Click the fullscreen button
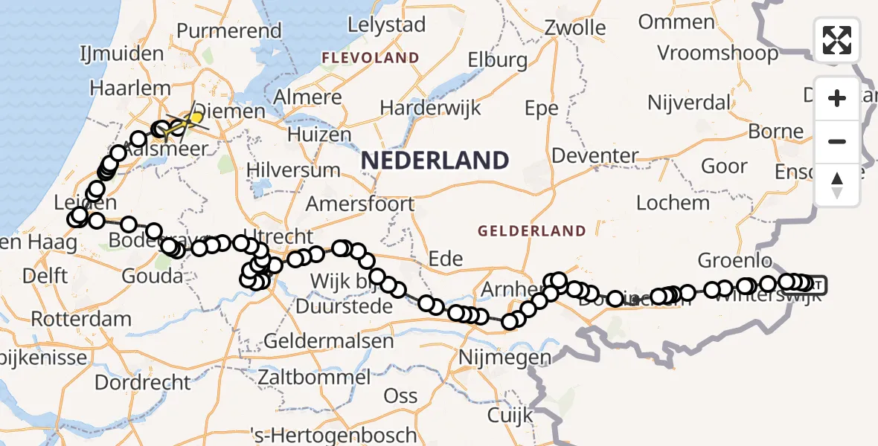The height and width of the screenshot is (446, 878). [x=837, y=40]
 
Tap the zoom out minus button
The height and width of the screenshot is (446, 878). [x=837, y=141]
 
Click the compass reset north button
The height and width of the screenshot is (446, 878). [x=837, y=185]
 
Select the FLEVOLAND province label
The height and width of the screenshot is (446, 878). [x=370, y=57]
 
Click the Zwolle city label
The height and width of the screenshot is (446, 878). [x=574, y=28]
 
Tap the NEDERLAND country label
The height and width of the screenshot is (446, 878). [x=435, y=161]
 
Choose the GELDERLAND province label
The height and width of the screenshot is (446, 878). [x=531, y=231]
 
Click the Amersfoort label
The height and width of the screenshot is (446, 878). [x=360, y=203]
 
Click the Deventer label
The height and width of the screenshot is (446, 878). [x=595, y=156]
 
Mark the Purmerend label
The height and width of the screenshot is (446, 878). [x=229, y=30]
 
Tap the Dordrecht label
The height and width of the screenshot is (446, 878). [x=144, y=382]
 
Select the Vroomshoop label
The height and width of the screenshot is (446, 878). [x=717, y=53]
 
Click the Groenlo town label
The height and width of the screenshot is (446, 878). [x=734, y=260]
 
